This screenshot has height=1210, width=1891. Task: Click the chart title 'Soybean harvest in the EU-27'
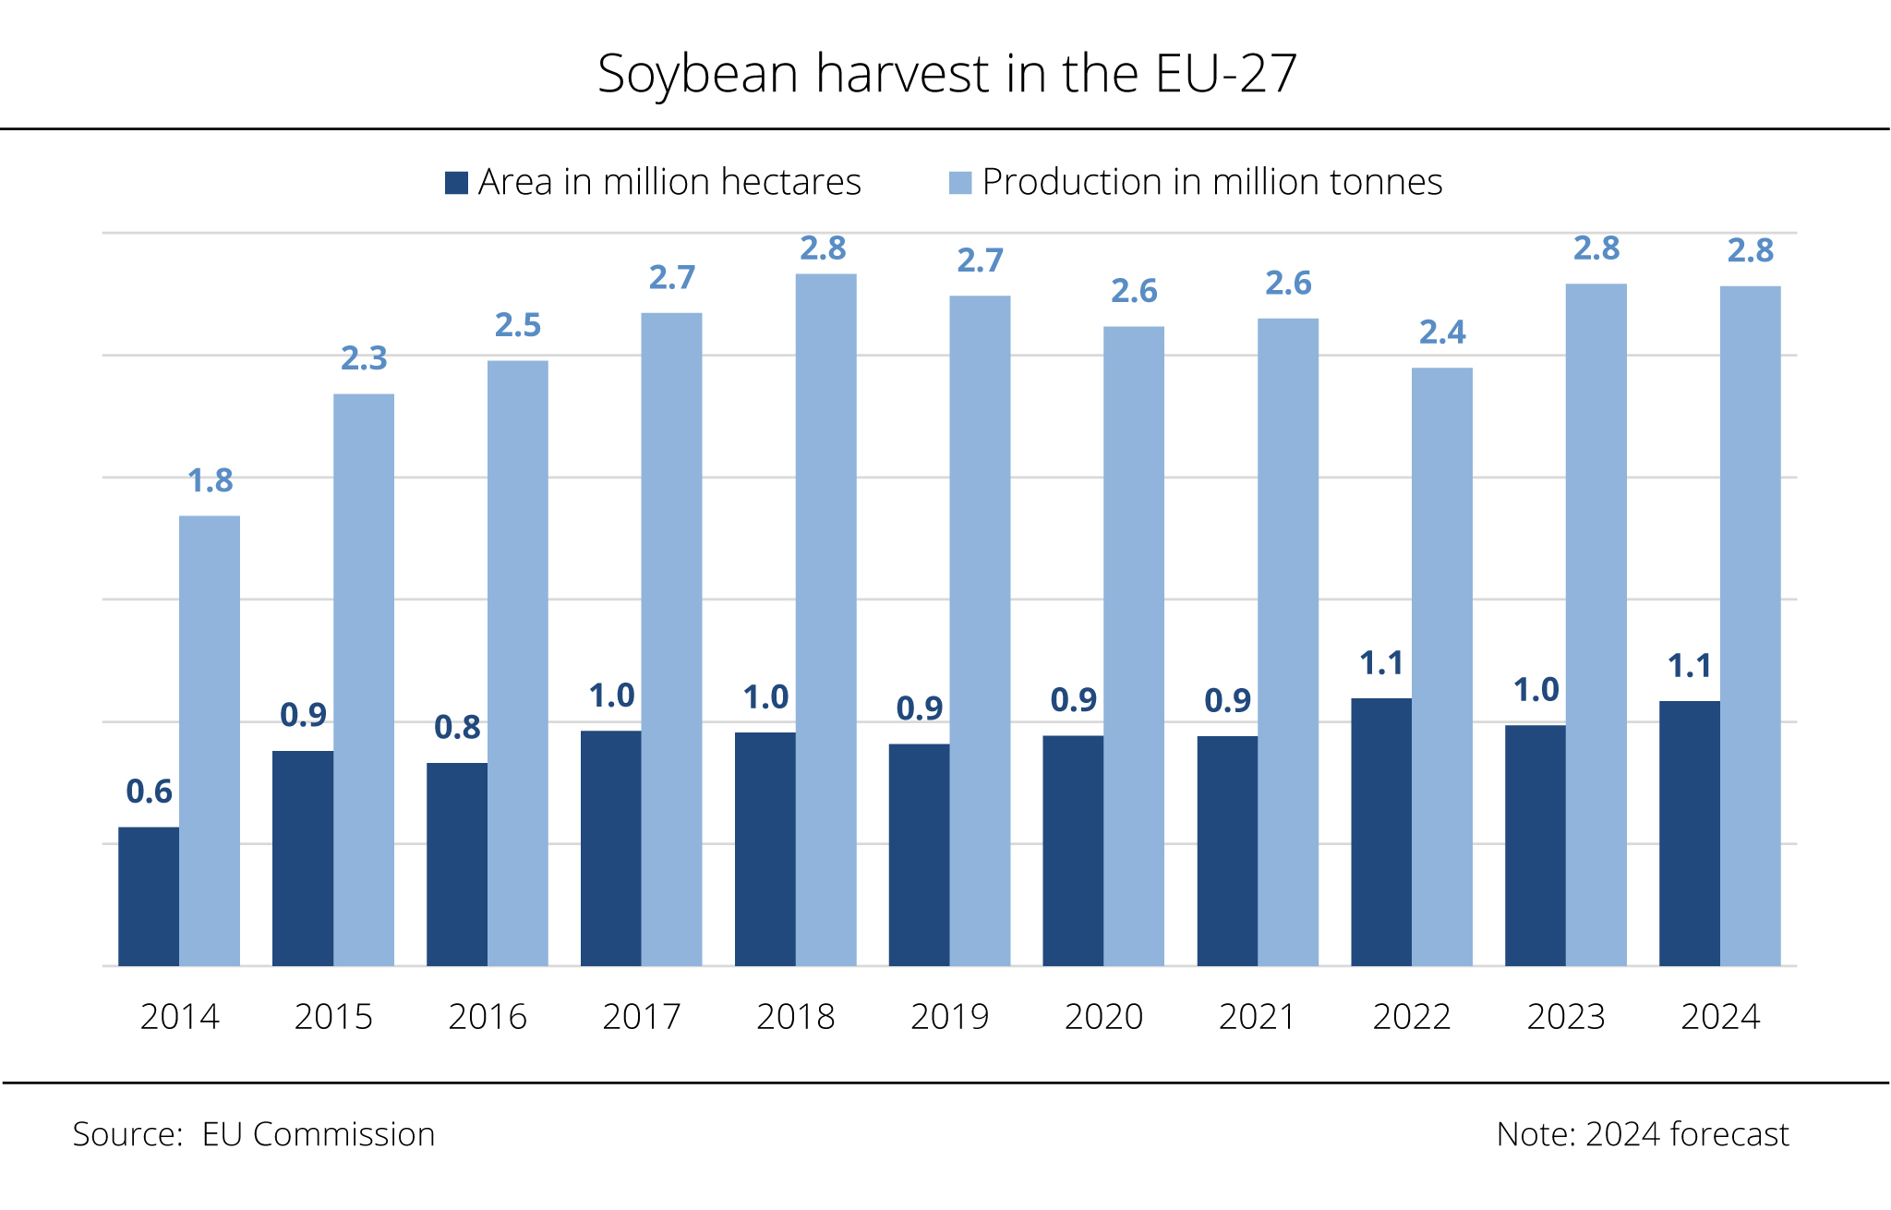[946, 74]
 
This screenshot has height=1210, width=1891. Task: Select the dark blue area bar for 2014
[149, 896]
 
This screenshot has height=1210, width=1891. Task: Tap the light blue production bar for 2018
[825, 619]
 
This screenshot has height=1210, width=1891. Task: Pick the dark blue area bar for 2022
[1381, 831]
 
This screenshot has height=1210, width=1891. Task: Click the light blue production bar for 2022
[1441, 665]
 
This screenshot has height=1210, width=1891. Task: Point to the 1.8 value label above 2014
[211, 481]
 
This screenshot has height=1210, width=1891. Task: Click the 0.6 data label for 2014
[149, 792]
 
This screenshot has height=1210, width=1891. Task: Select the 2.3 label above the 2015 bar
[364, 358]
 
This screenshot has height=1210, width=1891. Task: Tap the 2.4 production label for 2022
[1442, 333]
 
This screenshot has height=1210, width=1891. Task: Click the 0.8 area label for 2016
[457, 728]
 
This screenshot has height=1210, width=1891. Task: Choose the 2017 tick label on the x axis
[641, 1017]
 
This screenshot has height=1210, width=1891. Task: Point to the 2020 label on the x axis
[1103, 1017]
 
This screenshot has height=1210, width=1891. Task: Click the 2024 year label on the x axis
[1720, 1017]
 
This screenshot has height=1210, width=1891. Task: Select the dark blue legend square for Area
[456, 182]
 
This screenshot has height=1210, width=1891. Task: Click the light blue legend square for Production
[960, 182]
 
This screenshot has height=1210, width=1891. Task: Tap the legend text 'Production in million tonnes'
[1212, 182]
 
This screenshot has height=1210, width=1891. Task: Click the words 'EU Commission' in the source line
[319, 1134]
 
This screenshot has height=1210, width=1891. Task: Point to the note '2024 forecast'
[1687, 1134]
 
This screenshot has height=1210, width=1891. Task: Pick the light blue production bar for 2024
[1750, 628]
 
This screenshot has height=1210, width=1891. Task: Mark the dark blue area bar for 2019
[919, 854]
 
